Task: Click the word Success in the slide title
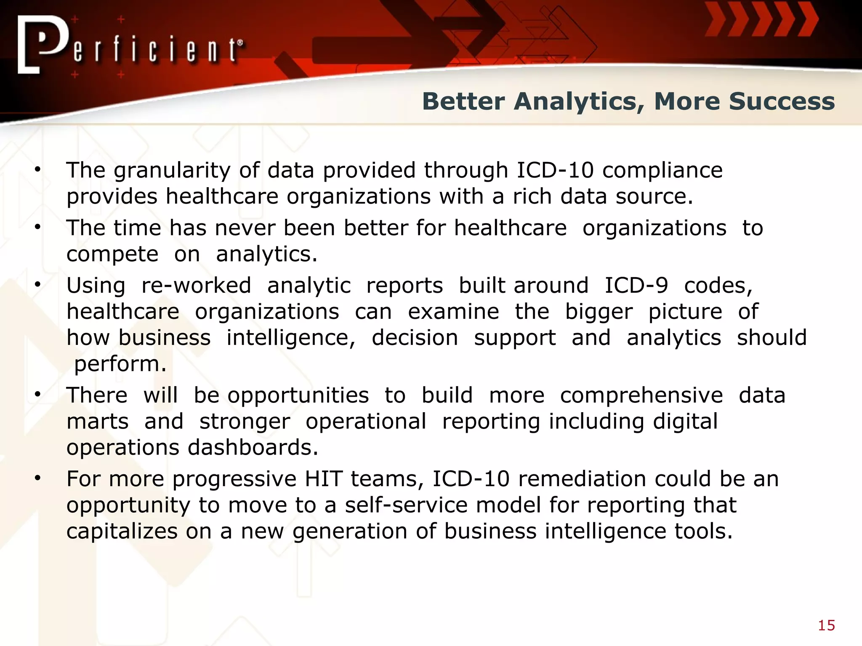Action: tap(782, 102)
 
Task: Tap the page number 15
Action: tap(826, 626)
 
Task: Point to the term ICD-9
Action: tap(636, 286)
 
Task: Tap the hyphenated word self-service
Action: tap(406, 505)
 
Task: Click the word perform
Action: tap(120, 364)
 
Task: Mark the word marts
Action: tap(97, 421)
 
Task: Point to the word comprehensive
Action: tap(641, 396)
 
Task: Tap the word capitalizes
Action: tap(122, 531)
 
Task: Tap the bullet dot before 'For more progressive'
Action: tap(38, 478)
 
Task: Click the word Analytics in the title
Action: tap(578, 102)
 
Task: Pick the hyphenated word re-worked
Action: tap(196, 286)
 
